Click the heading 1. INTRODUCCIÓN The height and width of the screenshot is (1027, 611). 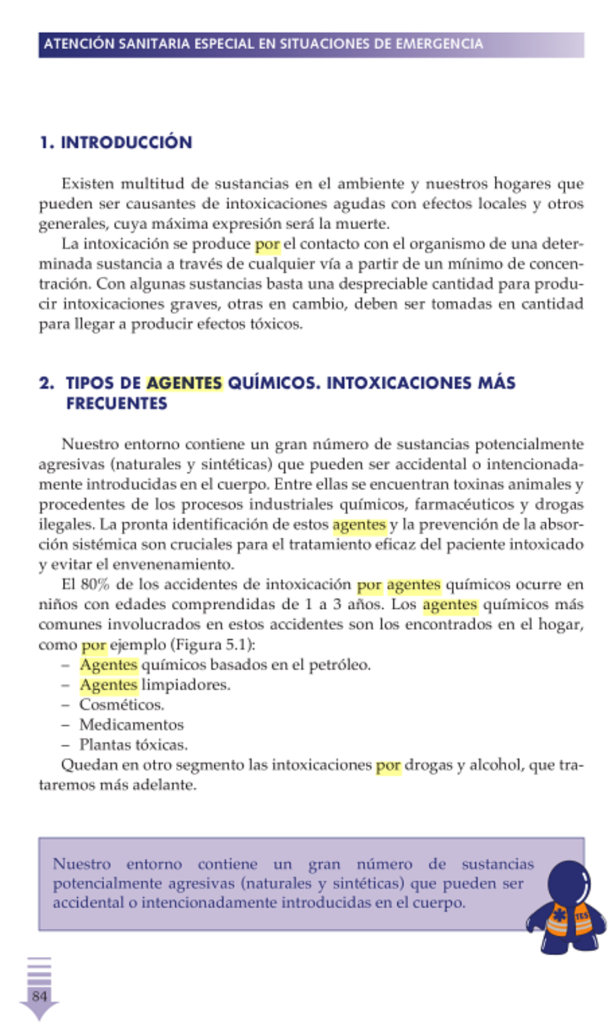pyautogui.click(x=116, y=142)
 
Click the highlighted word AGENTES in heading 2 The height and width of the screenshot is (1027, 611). pyautogui.click(x=184, y=383)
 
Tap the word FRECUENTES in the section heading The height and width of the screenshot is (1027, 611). pyautogui.click(x=117, y=404)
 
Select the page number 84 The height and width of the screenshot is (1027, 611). pyautogui.click(x=39, y=996)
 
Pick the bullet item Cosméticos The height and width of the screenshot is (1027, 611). pyautogui.click(x=121, y=705)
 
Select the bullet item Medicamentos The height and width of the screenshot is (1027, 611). pyautogui.click(x=131, y=725)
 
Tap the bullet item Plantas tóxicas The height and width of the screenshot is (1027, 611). pyautogui.click(x=133, y=745)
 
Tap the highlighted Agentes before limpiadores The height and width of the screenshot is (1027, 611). pyautogui.click(x=108, y=685)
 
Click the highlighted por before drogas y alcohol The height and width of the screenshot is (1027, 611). pyautogui.click(x=388, y=765)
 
